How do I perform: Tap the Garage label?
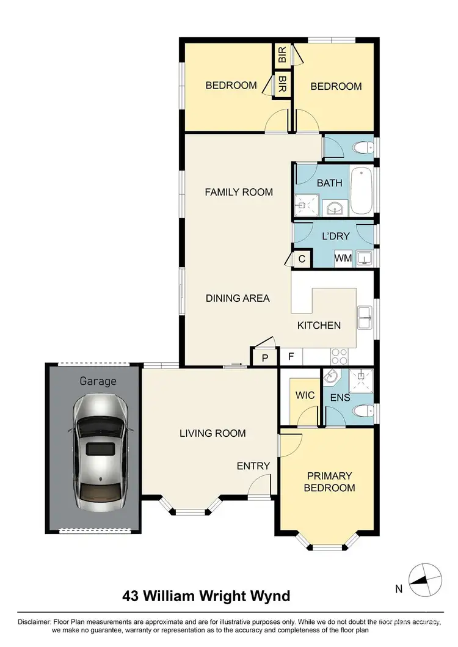pos(98,381)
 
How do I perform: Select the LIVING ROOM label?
pos(213,433)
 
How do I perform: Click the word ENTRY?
pos(253,466)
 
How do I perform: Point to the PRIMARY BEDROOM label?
pos(330,481)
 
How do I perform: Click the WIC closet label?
pos(305,395)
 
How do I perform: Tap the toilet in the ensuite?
pos(365,411)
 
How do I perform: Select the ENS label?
pos(340,398)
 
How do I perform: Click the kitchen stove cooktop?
pos(340,356)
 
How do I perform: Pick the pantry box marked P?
pos(265,357)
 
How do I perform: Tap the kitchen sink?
pos(365,315)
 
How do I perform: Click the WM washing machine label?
pos(343,258)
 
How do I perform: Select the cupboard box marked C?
pos(302,258)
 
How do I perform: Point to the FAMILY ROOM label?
pos(238,192)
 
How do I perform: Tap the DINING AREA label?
pos(238,298)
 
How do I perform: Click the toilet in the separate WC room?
pos(364,147)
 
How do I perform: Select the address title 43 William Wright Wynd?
pos(206,595)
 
